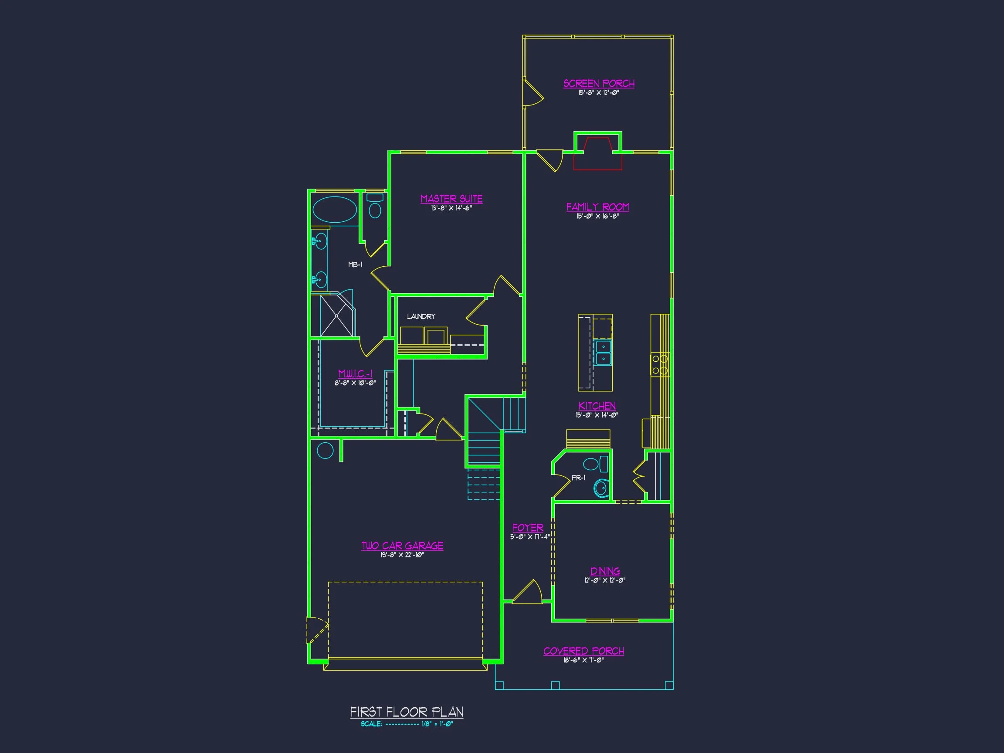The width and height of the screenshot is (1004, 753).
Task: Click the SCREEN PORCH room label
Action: point(599,84)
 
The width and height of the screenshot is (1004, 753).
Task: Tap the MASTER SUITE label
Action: point(451,199)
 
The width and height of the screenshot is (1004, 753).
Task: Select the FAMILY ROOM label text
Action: point(598,207)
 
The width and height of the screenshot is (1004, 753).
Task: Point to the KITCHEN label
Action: point(597,406)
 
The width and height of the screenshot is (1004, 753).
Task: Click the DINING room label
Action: point(605,571)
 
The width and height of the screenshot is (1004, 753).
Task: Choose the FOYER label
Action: point(528,528)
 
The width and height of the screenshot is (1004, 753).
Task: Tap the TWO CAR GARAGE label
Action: point(402,546)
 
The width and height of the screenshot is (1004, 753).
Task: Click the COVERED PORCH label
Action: point(583,651)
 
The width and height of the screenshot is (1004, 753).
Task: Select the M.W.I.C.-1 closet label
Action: point(356,373)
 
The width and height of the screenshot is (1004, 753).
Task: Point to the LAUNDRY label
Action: point(421,316)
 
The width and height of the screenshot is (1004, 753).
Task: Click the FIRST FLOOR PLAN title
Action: point(407,712)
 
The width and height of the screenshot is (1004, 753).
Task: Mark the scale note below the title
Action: point(407,724)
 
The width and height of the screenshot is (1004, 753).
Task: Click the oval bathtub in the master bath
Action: point(335,210)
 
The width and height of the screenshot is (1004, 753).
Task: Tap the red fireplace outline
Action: point(598,153)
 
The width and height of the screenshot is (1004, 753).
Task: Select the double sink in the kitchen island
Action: point(603,353)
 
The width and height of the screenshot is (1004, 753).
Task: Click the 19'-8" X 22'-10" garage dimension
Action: point(402,555)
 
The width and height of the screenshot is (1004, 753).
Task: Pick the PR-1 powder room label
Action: point(578,478)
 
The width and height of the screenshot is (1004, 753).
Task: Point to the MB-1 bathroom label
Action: point(356,264)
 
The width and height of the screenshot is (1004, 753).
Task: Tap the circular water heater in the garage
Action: point(325,451)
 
